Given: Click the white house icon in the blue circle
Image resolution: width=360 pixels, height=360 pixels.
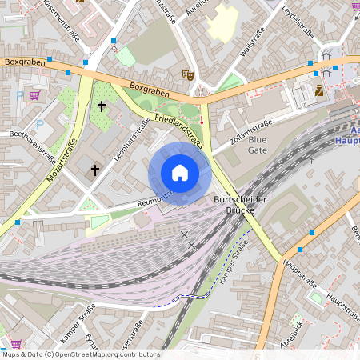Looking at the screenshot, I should click(x=180, y=173).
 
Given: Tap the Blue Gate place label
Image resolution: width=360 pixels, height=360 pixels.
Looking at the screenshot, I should click(x=258, y=144).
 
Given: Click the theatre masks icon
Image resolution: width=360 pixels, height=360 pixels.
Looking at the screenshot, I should click(x=188, y=74).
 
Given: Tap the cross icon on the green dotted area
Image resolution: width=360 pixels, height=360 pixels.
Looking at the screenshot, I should click(x=102, y=105).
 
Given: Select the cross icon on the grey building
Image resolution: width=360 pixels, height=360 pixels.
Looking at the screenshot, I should click(x=94, y=170).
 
